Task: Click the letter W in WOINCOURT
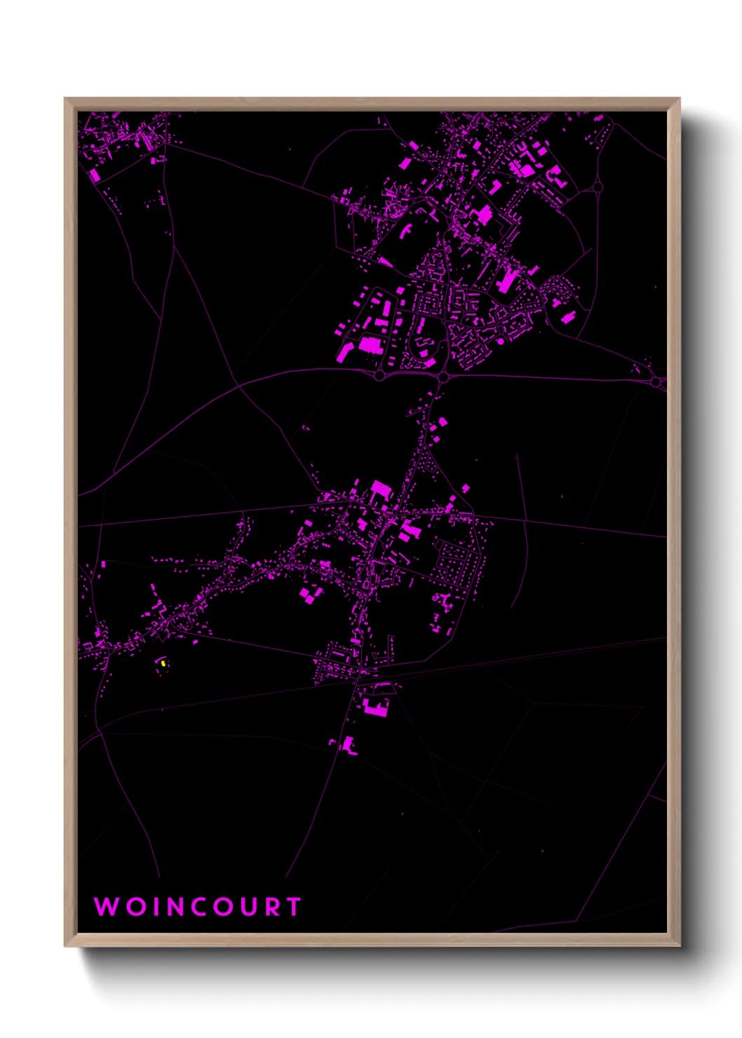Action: tap(107, 906)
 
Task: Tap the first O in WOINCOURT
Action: tap(137, 906)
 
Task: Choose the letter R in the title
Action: tap(273, 906)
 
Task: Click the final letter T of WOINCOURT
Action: tap(293, 906)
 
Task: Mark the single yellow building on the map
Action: tap(163, 663)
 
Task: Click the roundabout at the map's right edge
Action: tap(656, 382)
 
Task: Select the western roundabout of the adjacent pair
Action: tap(379, 376)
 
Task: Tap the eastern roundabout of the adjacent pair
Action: tap(443, 377)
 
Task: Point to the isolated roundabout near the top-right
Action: tap(598, 187)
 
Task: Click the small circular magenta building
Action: tap(501, 341)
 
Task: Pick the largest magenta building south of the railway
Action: tap(375, 707)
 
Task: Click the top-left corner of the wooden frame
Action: tap(65, 98)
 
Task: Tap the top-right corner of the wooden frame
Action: tap(680, 98)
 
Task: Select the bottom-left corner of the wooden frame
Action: tap(65, 946)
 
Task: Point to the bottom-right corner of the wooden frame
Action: tap(680, 946)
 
